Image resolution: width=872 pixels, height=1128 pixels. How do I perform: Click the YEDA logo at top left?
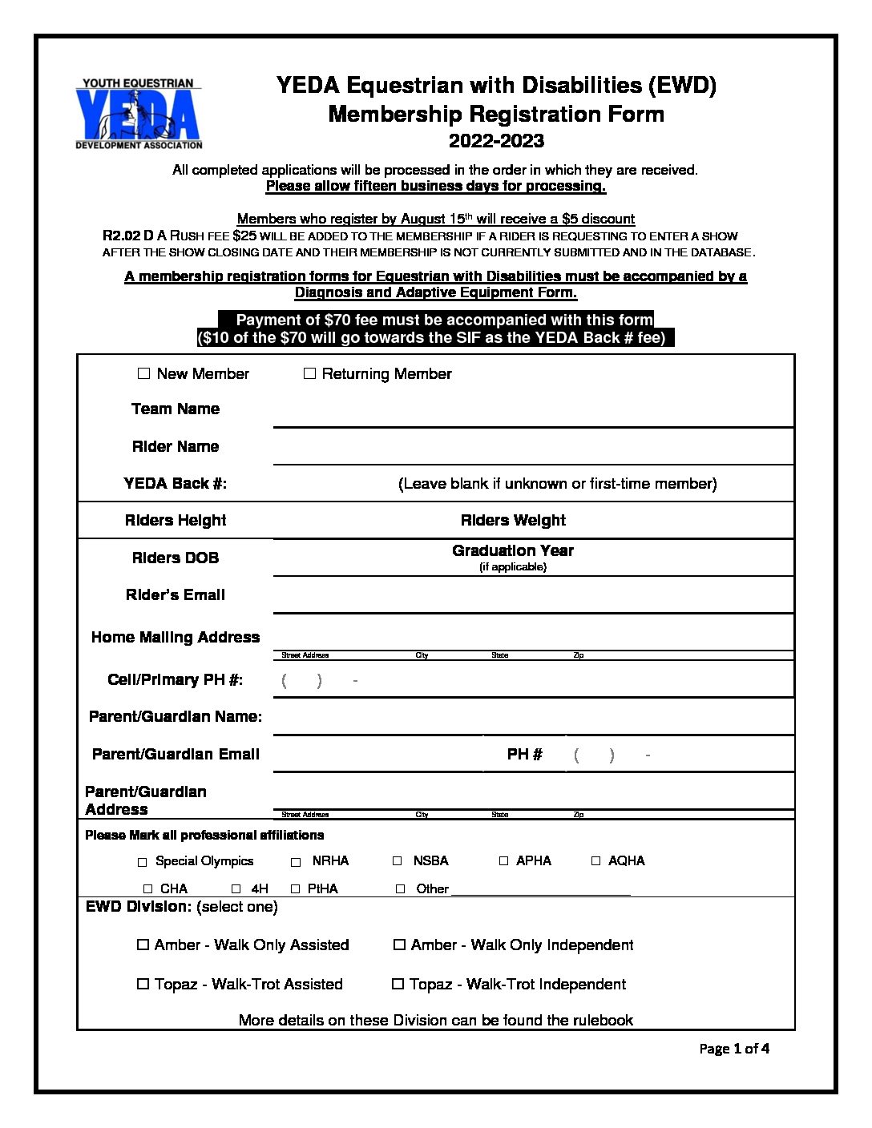pyautogui.click(x=139, y=115)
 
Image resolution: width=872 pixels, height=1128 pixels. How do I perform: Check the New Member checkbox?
pyautogui.click(x=144, y=373)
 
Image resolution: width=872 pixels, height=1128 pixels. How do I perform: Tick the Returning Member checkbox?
pyautogui.click(x=309, y=373)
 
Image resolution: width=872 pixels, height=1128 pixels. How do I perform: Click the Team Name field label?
pyautogui.click(x=176, y=409)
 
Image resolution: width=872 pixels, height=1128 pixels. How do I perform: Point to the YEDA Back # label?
pyautogui.click(x=176, y=483)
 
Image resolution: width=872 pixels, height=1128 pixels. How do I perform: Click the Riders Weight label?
pyautogui.click(x=513, y=520)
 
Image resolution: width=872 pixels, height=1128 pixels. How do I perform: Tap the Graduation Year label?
pyautogui.click(x=513, y=550)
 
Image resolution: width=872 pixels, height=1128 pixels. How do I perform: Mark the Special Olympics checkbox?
pyautogui.click(x=143, y=862)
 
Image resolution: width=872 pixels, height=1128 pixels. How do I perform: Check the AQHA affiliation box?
pyautogui.click(x=595, y=861)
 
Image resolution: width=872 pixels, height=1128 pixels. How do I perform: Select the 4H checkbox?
pyautogui.click(x=236, y=889)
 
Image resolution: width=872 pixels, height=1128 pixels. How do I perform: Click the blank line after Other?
pyautogui.click(x=541, y=889)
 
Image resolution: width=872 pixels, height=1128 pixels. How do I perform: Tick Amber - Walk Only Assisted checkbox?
pyautogui.click(x=143, y=945)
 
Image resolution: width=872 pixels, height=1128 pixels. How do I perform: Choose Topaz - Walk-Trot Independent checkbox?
pyautogui.click(x=398, y=984)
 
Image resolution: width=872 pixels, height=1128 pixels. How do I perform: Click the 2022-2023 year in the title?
pyautogui.click(x=496, y=141)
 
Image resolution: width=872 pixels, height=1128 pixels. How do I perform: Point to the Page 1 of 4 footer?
pyautogui.click(x=734, y=1048)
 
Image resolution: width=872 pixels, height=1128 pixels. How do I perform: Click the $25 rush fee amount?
pyautogui.click(x=244, y=236)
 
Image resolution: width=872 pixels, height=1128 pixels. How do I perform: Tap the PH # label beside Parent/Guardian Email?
pyautogui.click(x=525, y=754)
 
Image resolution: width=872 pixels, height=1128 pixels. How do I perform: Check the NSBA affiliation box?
pyautogui.click(x=398, y=861)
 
